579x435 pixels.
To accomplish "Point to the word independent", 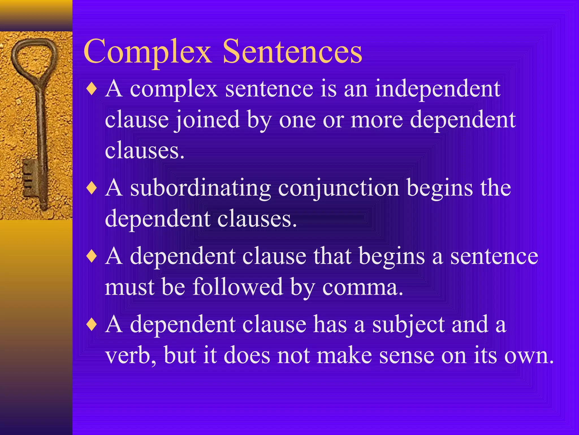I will (437, 89).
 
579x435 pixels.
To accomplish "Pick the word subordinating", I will (200, 188).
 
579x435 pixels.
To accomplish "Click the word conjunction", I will (338, 188).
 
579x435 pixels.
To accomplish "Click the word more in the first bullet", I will (377, 120).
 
